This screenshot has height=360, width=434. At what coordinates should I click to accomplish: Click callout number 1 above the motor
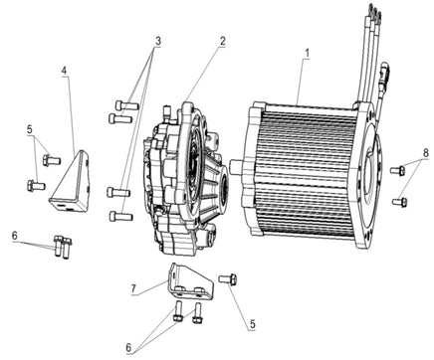(x=308, y=53)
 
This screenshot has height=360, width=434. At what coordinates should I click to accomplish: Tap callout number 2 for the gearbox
(x=222, y=41)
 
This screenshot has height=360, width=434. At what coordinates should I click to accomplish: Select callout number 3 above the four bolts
(x=158, y=42)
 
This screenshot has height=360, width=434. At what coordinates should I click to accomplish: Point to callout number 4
(x=64, y=71)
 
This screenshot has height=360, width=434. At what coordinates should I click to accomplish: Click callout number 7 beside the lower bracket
(x=133, y=288)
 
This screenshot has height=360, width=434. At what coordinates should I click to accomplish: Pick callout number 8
(x=426, y=153)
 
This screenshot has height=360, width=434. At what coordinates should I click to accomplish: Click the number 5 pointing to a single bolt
(x=253, y=324)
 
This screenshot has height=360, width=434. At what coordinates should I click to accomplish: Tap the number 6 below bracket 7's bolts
(x=128, y=348)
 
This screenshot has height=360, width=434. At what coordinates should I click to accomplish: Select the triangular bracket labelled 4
(x=70, y=181)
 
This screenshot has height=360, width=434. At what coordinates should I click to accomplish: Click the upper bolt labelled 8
(x=397, y=171)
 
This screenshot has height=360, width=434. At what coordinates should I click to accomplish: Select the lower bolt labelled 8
(x=399, y=201)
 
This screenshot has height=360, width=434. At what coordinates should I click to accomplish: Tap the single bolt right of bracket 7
(x=228, y=279)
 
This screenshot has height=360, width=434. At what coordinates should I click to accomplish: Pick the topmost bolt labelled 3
(x=126, y=105)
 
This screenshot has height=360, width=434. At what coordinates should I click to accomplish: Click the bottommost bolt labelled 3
(x=120, y=217)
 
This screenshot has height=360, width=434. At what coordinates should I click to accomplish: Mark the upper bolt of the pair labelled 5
(x=52, y=161)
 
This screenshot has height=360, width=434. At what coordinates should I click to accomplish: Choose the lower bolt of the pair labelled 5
(x=36, y=185)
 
